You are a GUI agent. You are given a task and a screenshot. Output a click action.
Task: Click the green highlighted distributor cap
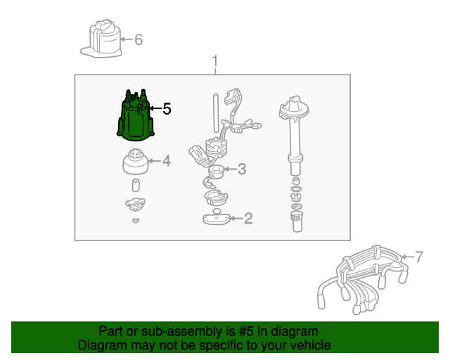coord(136,117)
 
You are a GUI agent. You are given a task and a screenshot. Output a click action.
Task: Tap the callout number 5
coord(167,109)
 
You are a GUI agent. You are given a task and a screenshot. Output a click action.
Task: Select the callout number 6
coord(139,39)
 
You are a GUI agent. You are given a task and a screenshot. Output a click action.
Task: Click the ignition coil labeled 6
coord(101,39)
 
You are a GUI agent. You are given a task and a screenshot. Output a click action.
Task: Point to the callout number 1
coord(215,61)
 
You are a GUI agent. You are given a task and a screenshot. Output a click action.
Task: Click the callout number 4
coord(167,161)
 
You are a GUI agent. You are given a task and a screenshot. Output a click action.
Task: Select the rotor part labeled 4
coord(136,162)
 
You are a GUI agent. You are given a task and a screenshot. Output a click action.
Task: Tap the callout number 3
coord(242,169)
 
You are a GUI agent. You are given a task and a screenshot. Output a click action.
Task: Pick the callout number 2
coord(248,219)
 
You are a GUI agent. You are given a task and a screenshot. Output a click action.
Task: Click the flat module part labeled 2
coord(216,219)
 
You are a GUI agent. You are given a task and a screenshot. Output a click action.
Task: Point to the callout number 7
coord(419,257)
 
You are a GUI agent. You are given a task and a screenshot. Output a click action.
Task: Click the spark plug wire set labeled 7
coord(363,280)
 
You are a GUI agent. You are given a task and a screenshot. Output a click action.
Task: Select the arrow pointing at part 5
coord(156,108)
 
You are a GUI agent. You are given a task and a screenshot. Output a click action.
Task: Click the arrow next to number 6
coord(127,39)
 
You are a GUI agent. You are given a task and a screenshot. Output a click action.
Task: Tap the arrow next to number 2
coord(236,219)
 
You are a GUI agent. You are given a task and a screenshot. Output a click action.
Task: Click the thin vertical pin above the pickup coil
coord(216,112)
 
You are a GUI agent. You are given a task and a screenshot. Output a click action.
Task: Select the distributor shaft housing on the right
coord(295,135)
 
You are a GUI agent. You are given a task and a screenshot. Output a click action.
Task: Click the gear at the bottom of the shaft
coord(297,221)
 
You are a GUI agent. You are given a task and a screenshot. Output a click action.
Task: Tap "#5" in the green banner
coord(246,331)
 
